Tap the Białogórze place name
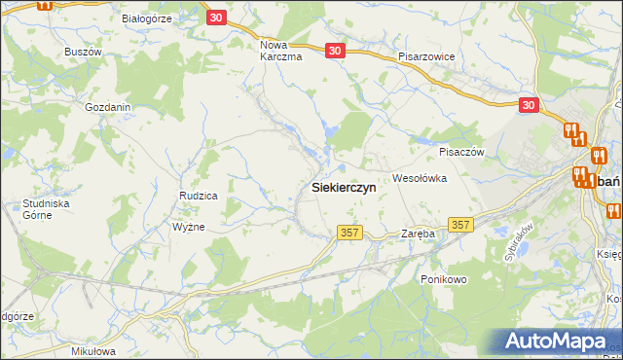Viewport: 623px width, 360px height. pos(146,18)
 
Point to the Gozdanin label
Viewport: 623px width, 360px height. pos(108,107)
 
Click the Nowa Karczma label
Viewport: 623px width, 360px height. pos(281,51)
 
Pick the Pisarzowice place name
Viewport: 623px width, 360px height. pos(426,56)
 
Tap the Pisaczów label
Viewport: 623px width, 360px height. pos(461,152)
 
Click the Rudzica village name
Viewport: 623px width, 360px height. pos(198,196)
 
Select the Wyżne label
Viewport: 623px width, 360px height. pos(188,226)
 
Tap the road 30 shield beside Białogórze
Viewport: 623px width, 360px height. pos(216,18)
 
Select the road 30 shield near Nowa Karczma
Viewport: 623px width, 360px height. pos(335,51)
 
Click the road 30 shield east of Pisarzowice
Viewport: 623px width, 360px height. pos(529,105)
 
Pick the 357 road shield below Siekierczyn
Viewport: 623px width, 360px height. pos(350,233)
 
